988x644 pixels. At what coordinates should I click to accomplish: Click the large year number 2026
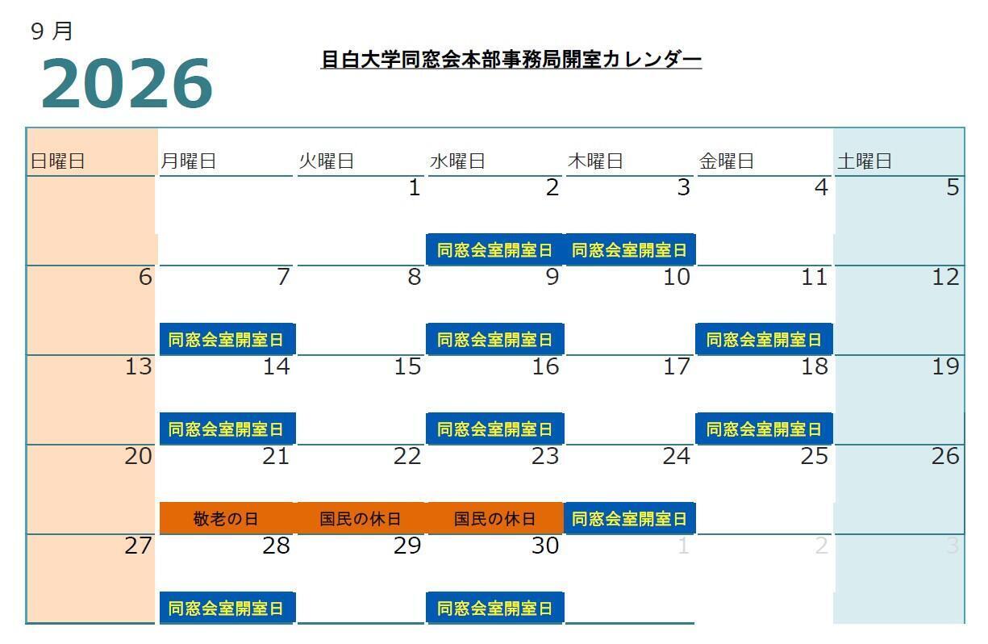(x=127, y=83)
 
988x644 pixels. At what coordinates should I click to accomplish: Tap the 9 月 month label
(x=52, y=31)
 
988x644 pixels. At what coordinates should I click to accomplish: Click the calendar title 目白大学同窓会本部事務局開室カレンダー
(x=511, y=59)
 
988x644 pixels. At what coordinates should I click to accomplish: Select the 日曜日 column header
(x=57, y=161)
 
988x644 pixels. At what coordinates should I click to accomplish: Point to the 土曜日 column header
(x=865, y=161)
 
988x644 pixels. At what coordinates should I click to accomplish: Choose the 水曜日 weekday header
(x=457, y=161)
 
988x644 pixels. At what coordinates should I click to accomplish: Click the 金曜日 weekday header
(x=727, y=161)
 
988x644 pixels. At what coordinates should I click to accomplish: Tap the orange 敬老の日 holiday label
(x=226, y=518)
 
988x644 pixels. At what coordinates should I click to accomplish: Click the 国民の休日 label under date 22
(x=361, y=518)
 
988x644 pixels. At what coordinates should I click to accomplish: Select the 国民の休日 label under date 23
(x=495, y=518)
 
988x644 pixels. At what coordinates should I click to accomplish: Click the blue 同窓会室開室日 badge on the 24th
(x=629, y=518)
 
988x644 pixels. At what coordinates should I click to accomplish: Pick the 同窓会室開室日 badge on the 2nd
(x=495, y=250)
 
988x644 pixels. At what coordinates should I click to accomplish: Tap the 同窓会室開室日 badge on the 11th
(x=764, y=340)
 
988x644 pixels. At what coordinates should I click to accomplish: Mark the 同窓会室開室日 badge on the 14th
(x=226, y=429)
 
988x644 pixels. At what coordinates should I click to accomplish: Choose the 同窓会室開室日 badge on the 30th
(x=495, y=608)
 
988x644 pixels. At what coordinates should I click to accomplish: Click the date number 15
(x=407, y=366)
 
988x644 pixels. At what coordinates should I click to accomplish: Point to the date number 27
(x=138, y=546)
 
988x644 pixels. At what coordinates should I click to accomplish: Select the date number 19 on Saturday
(x=945, y=366)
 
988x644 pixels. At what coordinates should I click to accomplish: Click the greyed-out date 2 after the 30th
(x=821, y=546)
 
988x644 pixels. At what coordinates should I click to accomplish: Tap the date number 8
(x=415, y=277)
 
